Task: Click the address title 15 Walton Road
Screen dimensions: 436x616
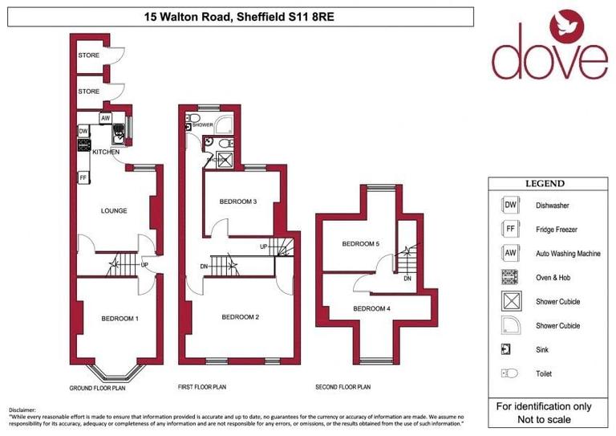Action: click(240, 16)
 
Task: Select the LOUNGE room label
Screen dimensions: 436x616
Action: click(114, 212)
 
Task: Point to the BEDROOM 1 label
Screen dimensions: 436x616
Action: click(120, 319)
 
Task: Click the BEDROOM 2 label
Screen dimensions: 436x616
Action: click(240, 317)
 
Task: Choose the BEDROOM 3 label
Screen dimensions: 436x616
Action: click(237, 201)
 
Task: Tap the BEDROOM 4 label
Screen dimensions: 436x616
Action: click(371, 308)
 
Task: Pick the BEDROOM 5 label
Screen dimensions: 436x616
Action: click(360, 244)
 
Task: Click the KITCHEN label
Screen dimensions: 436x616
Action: click(106, 152)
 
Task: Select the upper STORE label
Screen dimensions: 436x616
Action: click(89, 55)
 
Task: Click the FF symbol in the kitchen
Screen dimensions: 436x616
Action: click(83, 177)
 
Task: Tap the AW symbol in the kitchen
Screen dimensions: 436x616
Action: click(105, 118)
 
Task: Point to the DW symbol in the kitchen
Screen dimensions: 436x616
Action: click(83, 131)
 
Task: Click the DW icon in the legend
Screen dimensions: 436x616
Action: click(509, 206)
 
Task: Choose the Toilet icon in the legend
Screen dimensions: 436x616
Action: click(509, 373)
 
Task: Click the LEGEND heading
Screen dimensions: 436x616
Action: click(545, 184)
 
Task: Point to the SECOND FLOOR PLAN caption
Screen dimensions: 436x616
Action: click(342, 387)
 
